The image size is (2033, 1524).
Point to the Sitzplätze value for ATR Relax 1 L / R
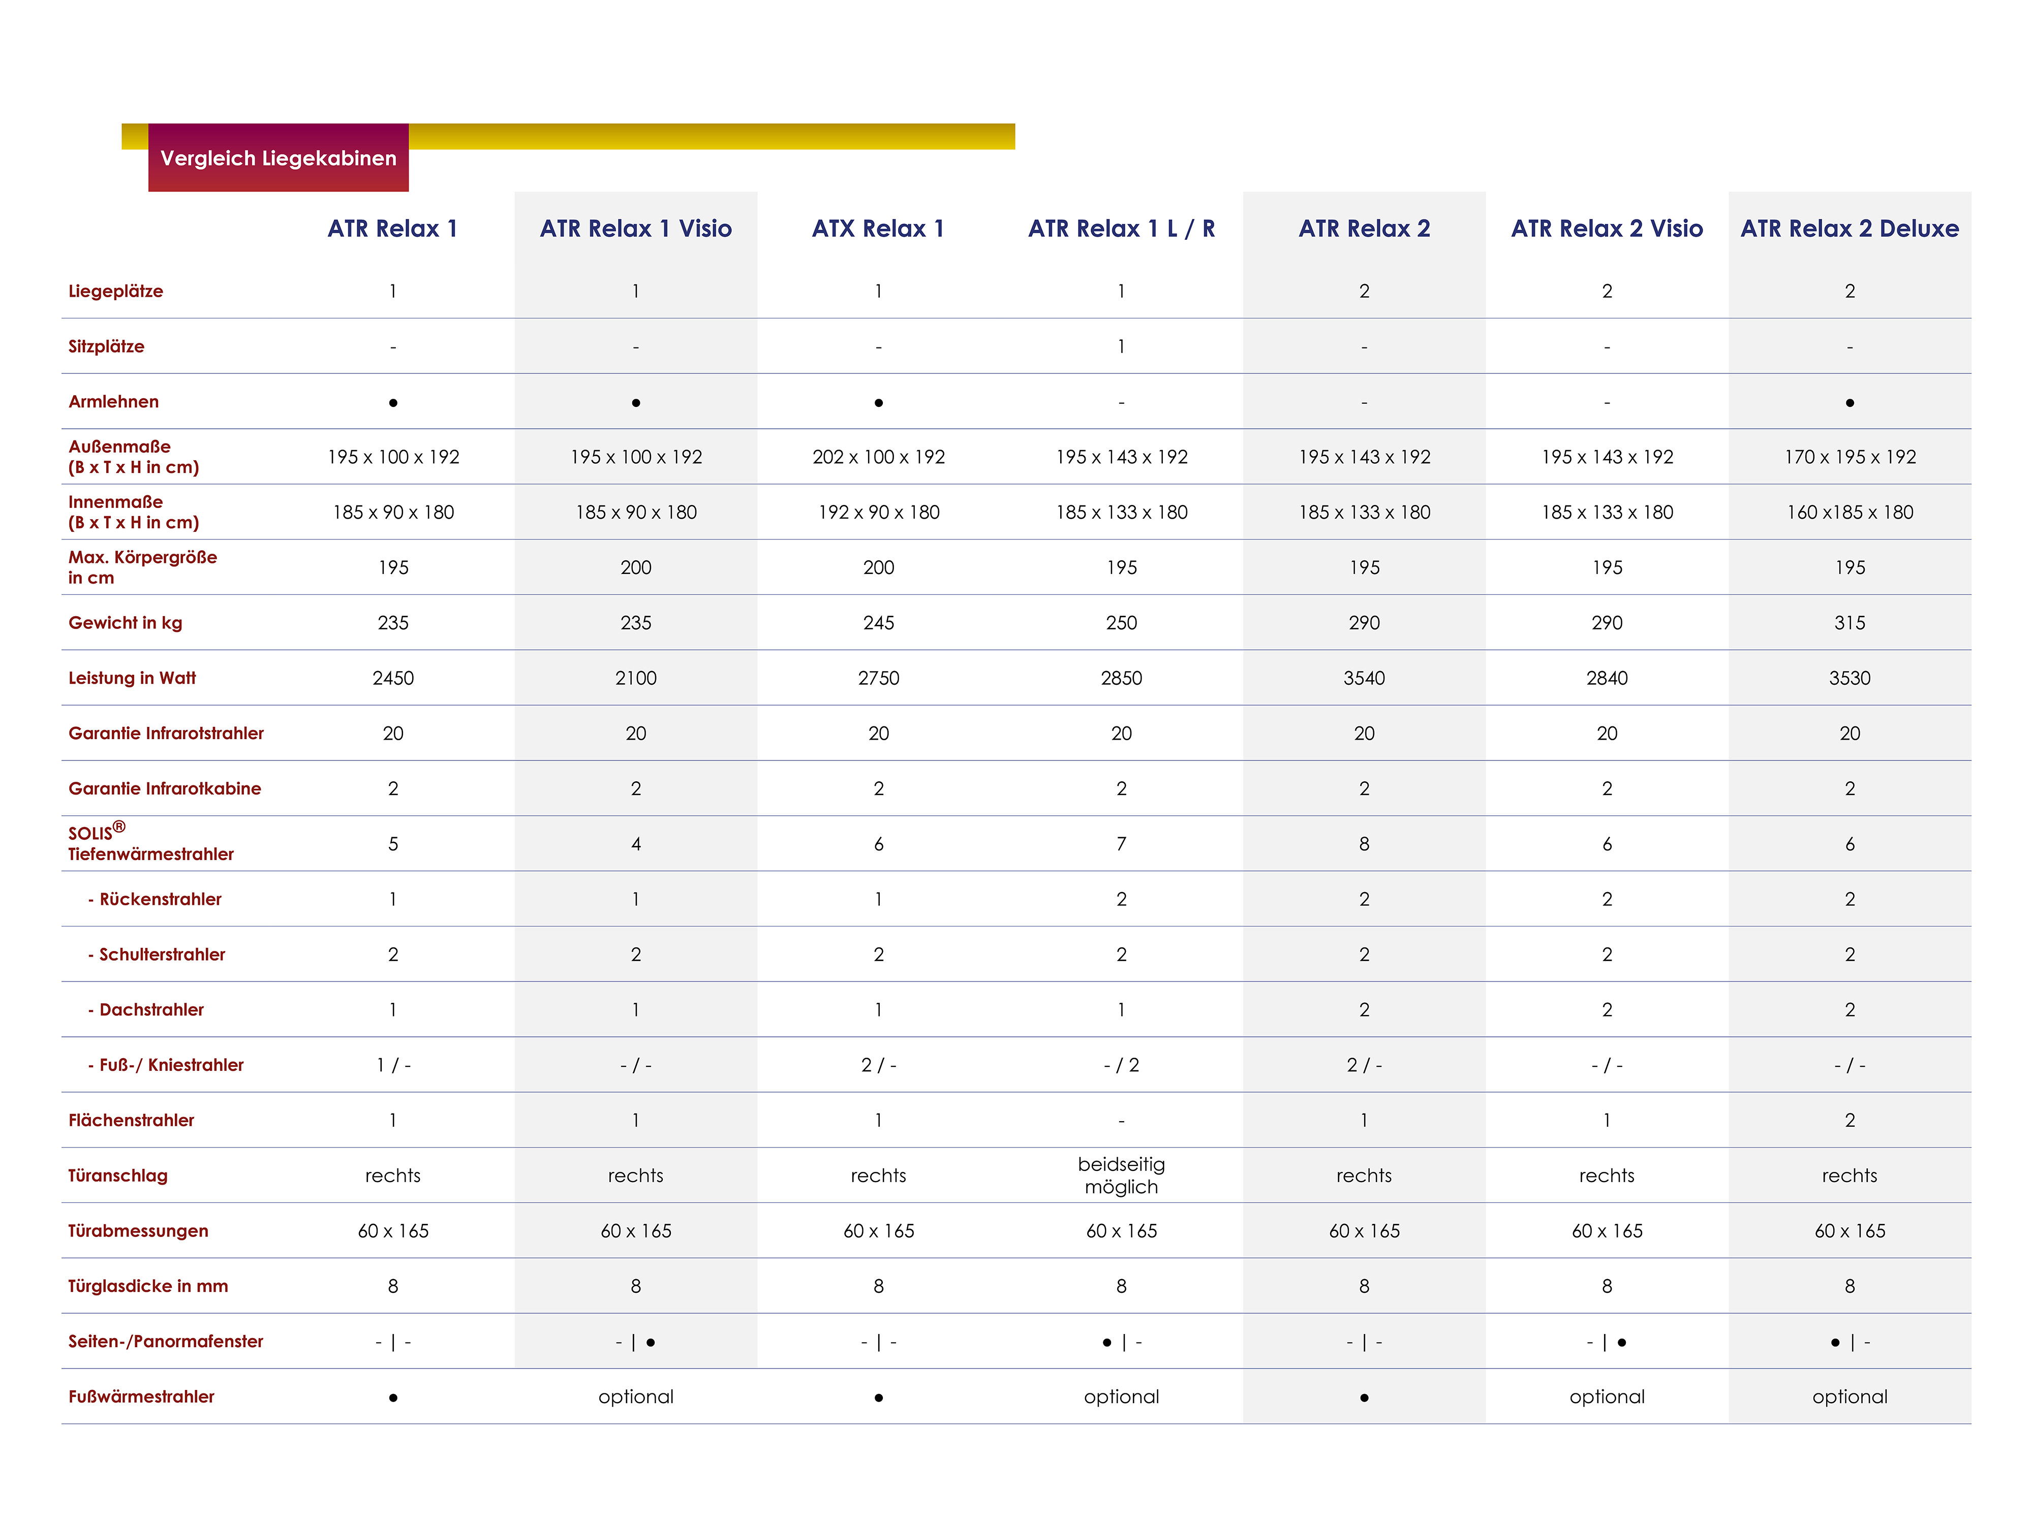[1121, 346]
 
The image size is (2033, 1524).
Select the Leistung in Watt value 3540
[1364, 678]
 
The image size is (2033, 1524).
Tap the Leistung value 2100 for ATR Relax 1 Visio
[635, 678]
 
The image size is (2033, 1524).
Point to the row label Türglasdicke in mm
[148, 1286]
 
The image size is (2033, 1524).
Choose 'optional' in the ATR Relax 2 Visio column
[1607, 1397]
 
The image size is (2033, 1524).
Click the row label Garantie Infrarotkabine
[165, 788]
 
